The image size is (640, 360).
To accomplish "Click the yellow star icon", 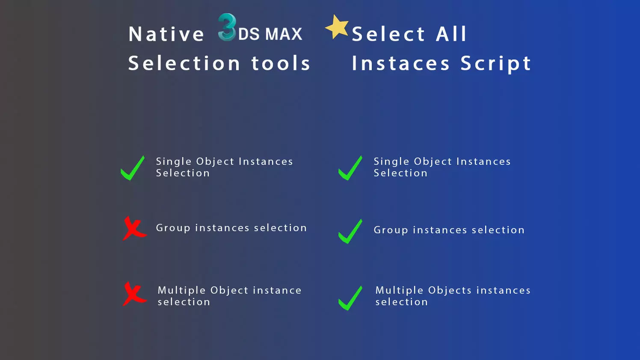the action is click(337, 27).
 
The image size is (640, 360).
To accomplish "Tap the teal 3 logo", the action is click(227, 27).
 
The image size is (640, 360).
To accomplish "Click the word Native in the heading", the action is click(166, 34).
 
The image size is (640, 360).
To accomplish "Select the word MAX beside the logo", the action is click(284, 34).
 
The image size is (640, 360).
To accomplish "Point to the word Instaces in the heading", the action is click(400, 63).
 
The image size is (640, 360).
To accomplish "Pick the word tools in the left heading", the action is click(281, 63).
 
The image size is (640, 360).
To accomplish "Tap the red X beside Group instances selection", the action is click(134, 229).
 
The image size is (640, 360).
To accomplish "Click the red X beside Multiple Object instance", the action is click(134, 294).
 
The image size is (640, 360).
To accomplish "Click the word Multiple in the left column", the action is click(182, 291).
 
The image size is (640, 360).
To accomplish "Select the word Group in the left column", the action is click(173, 228).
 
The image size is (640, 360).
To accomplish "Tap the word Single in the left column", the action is click(174, 162).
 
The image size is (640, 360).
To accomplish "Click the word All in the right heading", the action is click(451, 34).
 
